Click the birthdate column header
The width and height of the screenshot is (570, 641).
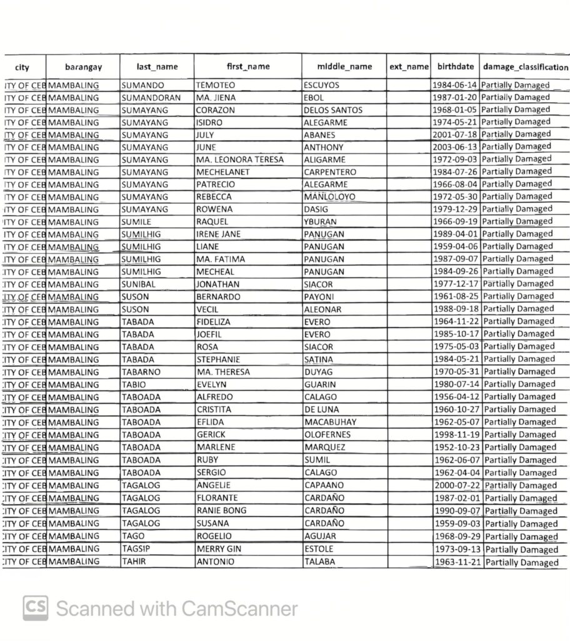(x=455, y=66)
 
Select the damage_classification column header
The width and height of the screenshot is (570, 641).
(x=525, y=66)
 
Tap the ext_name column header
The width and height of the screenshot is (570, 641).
(x=409, y=66)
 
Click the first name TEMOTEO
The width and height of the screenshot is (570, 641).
(x=216, y=85)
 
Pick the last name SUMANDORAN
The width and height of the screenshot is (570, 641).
(x=151, y=98)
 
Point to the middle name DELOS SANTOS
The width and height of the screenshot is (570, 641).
(x=333, y=110)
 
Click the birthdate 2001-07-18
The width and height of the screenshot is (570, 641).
(x=455, y=135)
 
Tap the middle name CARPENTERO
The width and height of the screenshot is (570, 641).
(x=330, y=172)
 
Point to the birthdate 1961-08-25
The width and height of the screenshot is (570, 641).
(x=456, y=296)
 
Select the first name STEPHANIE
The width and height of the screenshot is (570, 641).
(x=218, y=359)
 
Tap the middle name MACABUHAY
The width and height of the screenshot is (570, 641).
(x=330, y=422)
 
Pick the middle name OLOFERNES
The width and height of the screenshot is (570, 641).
(x=327, y=434)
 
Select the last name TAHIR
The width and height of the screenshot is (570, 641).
(x=134, y=562)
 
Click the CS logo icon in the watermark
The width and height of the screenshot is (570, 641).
(x=36, y=608)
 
